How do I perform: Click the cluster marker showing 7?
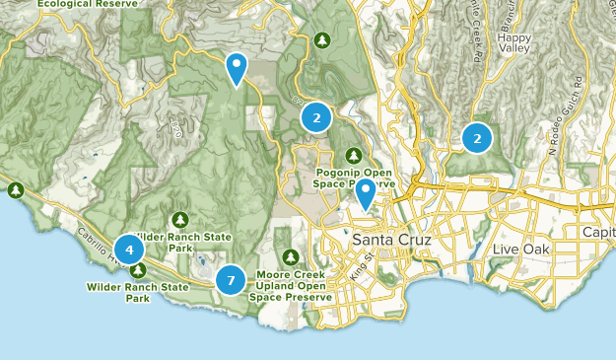pyautogui.click(x=231, y=280)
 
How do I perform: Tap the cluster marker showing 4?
pyautogui.click(x=128, y=249)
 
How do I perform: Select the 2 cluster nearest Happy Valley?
pyautogui.click(x=477, y=139)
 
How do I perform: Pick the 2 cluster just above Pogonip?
pyautogui.click(x=316, y=118)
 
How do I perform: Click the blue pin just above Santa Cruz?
pyautogui.click(x=366, y=193)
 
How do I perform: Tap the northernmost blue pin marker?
pyautogui.click(x=237, y=68)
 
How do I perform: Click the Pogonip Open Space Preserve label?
pyautogui.click(x=355, y=177)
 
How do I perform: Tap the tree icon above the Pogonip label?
pyautogui.click(x=355, y=154)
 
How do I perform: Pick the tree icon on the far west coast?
pyautogui.click(x=15, y=189)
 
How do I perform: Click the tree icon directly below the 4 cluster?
pyautogui.click(x=139, y=270)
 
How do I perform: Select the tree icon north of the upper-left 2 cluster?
pyautogui.click(x=321, y=40)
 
